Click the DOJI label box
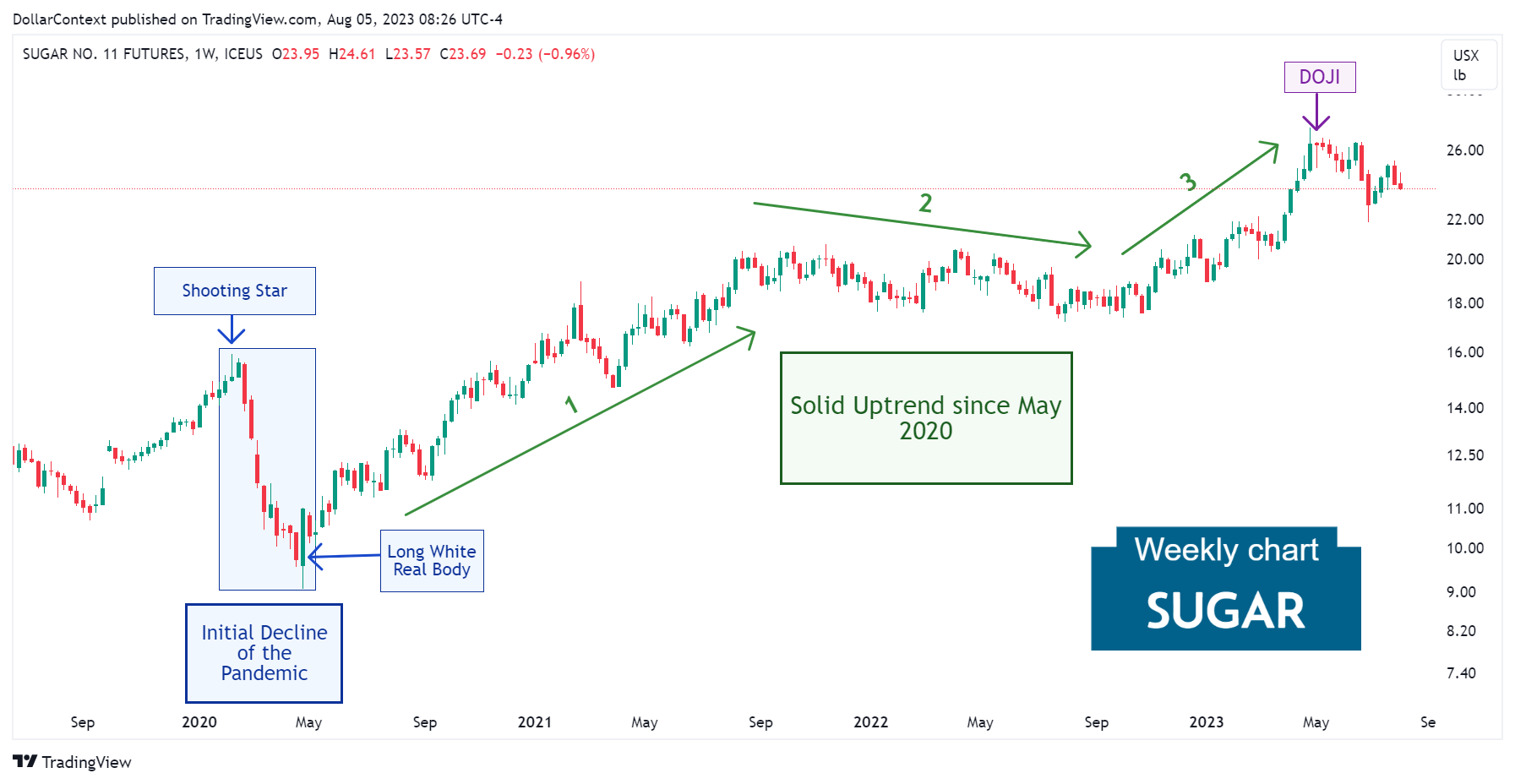tap(1319, 77)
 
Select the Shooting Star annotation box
tap(234, 291)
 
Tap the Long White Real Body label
tap(431, 560)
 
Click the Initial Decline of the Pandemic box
tap(264, 652)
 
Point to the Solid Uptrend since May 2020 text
tap(925, 417)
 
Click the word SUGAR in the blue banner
tap(1225, 611)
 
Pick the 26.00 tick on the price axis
tap(1464, 150)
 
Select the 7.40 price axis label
tap(1461, 673)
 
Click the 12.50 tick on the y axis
tap(1464, 455)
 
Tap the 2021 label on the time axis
tap(534, 722)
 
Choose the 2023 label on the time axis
tap(1206, 722)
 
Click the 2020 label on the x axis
tap(199, 722)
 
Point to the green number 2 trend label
tap(925, 203)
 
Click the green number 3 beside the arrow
tap(1187, 182)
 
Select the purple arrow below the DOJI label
tap(1316, 112)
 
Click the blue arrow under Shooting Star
tap(232, 329)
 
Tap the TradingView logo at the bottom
tap(73, 762)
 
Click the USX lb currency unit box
tap(1468, 65)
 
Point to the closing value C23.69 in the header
tap(463, 54)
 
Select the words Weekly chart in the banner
tap(1225, 550)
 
